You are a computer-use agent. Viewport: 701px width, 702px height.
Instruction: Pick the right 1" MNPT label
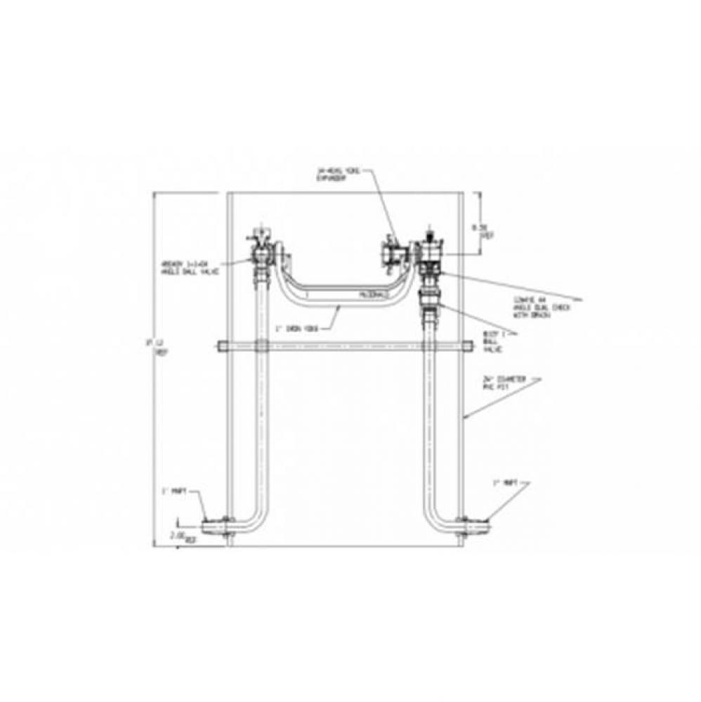tap(504, 482)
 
